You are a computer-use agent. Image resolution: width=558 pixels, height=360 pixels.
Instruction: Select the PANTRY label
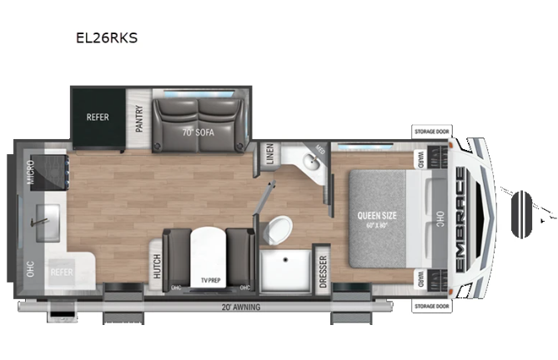[139, 117]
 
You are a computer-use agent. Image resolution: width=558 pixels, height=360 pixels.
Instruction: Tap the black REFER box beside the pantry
[98, 117]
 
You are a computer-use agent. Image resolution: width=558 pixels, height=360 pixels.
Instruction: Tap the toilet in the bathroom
[280, 227]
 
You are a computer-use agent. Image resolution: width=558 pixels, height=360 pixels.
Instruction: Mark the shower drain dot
[285, 260]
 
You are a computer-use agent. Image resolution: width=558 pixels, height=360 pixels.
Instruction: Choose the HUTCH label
[156, 266]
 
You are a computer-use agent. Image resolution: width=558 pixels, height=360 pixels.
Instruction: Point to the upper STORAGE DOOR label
[434, 131]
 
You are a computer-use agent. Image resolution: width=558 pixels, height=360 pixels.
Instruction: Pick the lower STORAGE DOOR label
[434, 306]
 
